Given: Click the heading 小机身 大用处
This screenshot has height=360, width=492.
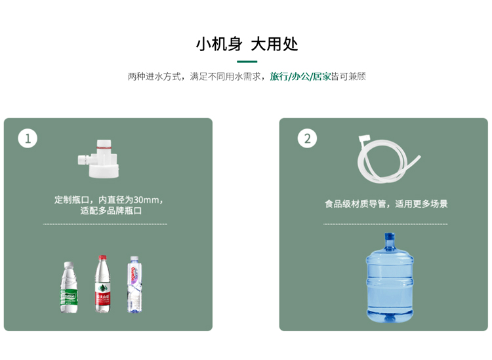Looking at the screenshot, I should coord(247,44).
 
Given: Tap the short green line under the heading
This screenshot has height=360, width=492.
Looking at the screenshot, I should coord(247,61).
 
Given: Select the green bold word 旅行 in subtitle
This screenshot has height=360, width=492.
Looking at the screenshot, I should coord(279,77).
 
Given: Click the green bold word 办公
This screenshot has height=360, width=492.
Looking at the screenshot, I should coord(300,77).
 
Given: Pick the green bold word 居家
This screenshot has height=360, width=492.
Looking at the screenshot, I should coord(321,77).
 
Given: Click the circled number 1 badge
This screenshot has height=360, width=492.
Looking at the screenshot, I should coord(28,138).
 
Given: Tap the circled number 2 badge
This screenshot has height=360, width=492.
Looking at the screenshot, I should coord(307,138).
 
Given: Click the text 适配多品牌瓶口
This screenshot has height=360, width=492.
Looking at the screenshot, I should coord(111,211).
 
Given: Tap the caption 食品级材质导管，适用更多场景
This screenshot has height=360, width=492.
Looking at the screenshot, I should coord(386,204).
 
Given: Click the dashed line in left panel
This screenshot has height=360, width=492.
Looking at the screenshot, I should coord(105,224).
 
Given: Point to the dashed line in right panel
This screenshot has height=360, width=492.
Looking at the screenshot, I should coord(386,224).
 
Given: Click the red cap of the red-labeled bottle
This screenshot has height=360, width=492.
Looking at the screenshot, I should coord(102,258).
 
